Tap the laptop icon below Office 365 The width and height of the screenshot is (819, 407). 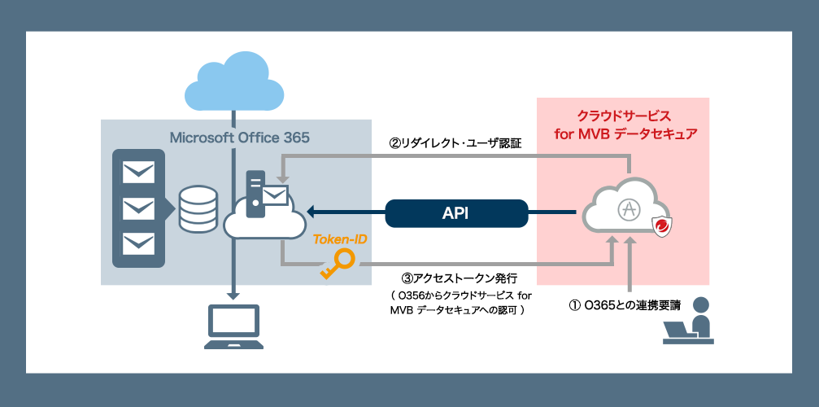pyautogui.click(x=234, y=326)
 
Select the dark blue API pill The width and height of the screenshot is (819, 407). pyautogui.click(x=455, y=213)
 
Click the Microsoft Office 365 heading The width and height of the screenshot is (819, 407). pyautogui.click(x=239, y=137)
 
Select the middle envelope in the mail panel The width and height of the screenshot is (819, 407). pyautogui.click(x=137, y=208)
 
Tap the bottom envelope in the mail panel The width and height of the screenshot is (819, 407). pyautogui.click(x=137, y=243)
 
